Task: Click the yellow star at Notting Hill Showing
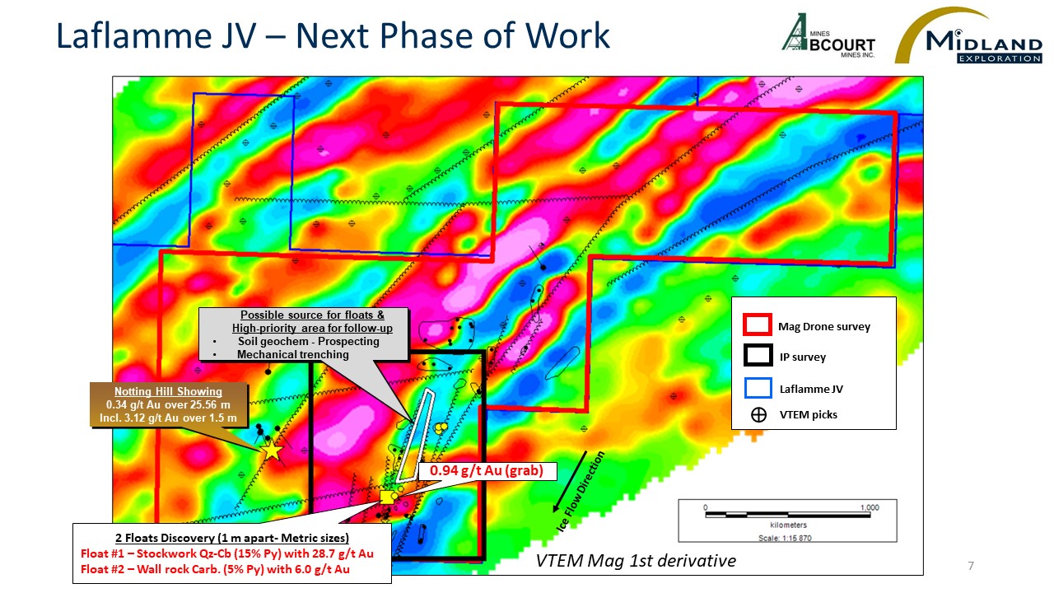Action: tap(272, 451)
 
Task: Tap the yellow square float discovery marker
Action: tap(387, 497)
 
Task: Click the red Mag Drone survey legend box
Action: tap(757, 325)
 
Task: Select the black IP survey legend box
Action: tap(758, 355)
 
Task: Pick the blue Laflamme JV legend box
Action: tap(758, 388)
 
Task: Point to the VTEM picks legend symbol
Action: tap(758, 414)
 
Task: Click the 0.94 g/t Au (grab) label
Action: tap(487, 470)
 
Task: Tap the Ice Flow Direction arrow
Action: tap(570, 482)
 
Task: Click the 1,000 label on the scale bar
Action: tap(870, 507)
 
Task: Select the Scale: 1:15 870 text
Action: tap(785, 538)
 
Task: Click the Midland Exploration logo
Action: tap(968, 35)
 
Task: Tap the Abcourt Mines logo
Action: tap(828, 35)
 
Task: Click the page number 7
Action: tap(971, 566)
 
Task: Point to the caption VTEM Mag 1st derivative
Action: tap(636, 561)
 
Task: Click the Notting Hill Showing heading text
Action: tap(168, 391)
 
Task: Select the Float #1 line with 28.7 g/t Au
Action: tap(227, 553)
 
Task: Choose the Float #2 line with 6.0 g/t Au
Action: tap(215, 569)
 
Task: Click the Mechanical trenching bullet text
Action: tap(292, 354)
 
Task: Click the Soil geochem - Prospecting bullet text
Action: tap(308, 341)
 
